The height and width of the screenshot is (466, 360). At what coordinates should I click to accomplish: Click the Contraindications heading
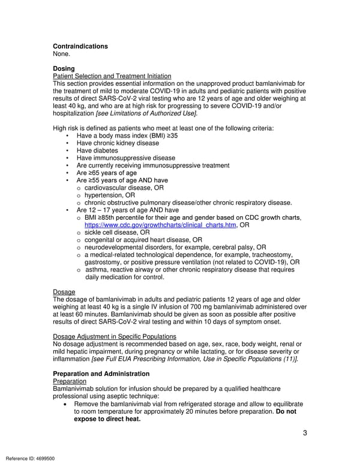coord(80,46)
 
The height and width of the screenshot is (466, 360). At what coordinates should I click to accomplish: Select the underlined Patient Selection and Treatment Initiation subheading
coord(112,76)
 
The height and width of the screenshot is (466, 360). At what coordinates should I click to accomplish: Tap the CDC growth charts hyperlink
coord(160,225)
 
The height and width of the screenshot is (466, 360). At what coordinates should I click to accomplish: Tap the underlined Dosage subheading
coord(64,292)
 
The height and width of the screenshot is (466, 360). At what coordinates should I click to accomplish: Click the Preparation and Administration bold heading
coord(101,374)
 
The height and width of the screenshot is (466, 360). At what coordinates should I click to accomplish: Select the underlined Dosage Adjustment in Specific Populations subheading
coord(115,336)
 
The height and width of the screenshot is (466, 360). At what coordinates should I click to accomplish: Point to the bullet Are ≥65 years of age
coord(107,173)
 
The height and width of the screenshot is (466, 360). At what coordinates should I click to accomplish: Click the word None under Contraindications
coord(62,54)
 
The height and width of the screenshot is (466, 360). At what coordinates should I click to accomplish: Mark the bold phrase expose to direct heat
coord(107,419)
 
